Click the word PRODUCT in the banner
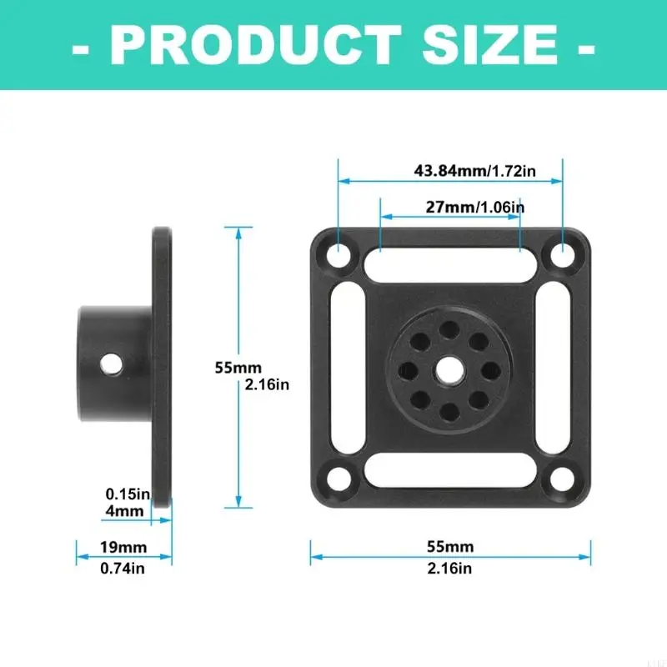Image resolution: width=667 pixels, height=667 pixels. pyautogui.click(x=256, y=45)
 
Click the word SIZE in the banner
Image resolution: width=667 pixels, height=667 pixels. pyautogui.click(x=489, y=45)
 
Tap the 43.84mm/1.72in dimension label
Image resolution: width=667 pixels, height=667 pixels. pyautogui.click(x=474, y=171)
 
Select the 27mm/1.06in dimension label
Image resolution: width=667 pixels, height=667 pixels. pyautogui.click(x=475, y=207)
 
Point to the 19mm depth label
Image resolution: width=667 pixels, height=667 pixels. pyautogui.click(x=123, y=547)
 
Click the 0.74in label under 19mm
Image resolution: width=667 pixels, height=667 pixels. pyautogui.click(x=123, y=569)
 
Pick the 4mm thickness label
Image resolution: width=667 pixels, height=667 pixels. pyautogui.click(x=124, y=511)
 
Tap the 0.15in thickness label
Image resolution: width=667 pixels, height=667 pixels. pyautogui.click(x=128, y=494)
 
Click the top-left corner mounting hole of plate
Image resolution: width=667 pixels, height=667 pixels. pyautogui.click(x=339, y=255)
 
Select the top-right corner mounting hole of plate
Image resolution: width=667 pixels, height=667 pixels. pyautogui.click(x=563, y=256)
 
